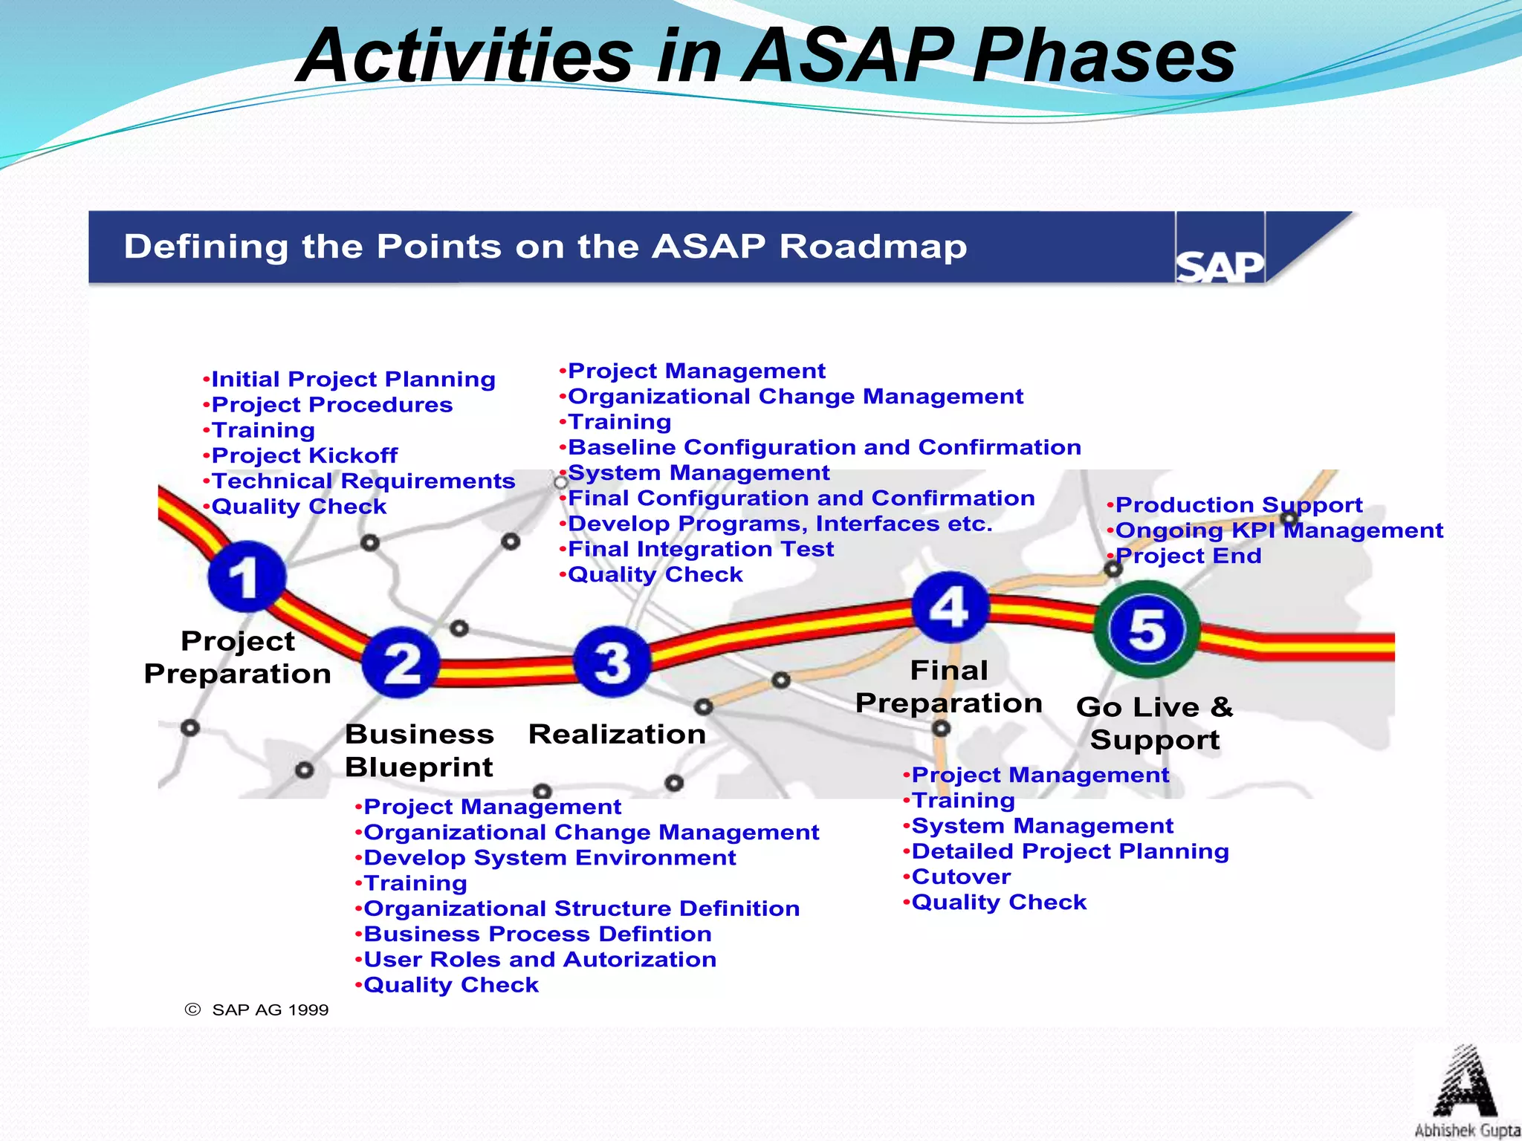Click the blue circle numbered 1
247,576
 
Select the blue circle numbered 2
401,662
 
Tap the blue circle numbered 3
612,661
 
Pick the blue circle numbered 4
950,607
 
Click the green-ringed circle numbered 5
1147,629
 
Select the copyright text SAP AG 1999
257,1010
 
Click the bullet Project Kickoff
304,455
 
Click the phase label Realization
617,734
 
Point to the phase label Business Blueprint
419,750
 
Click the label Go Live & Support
1155,723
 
